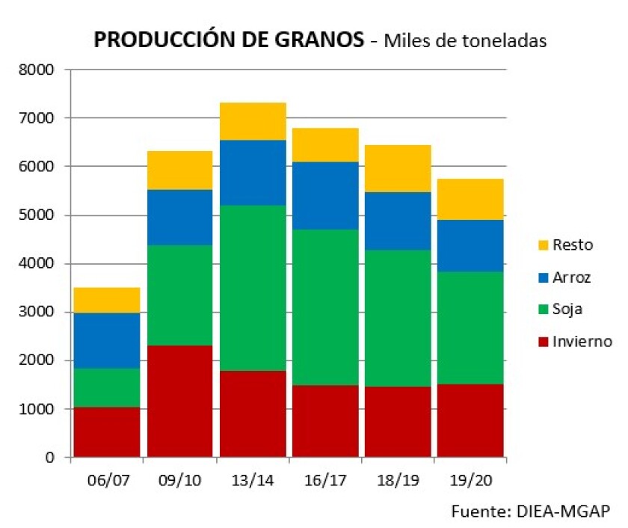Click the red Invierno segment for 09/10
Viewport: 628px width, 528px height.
click(x=179, y=401)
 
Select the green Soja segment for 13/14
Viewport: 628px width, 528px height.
click(x=253, y=288)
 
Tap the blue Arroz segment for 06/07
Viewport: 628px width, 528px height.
click(x=107, y=340)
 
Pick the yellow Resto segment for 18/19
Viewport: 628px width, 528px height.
click(x=398, y=168)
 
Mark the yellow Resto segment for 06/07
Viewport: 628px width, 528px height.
click(x=107, y=300)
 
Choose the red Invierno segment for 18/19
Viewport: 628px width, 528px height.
click(x=398, y=421)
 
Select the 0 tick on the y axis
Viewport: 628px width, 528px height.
click(x=50, y=458)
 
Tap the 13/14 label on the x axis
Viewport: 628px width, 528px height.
click(x=253, y=479)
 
